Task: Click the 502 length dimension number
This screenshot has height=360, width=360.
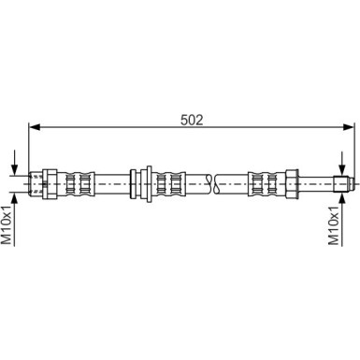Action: coord(192,119)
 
